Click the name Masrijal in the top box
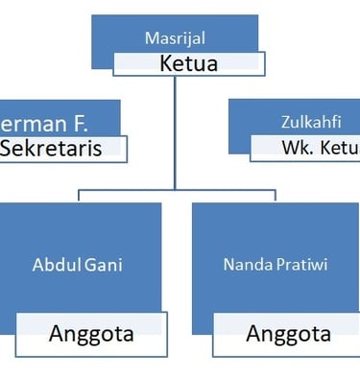(x=175, y=38)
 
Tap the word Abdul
(x=50, y=263)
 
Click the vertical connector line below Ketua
(x=175, y=134)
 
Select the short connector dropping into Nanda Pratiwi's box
(x=275, y=196)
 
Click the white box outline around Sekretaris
(x=126, y=149)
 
